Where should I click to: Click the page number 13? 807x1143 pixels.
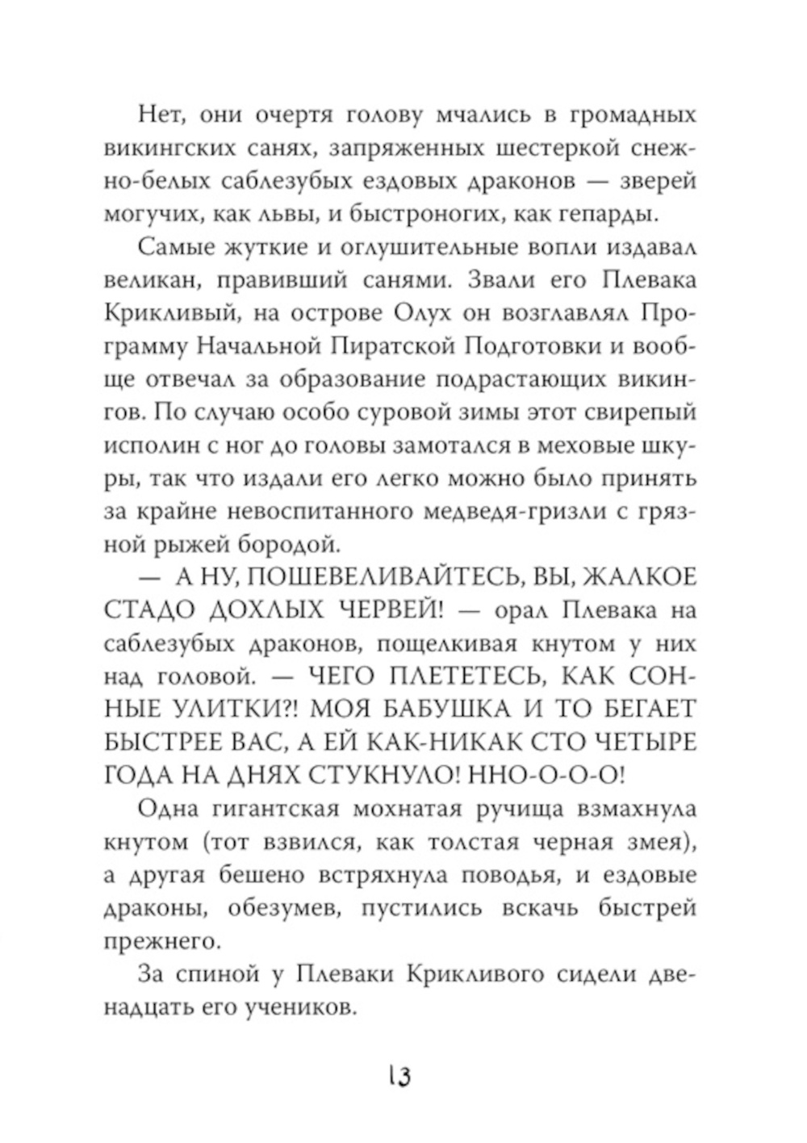pos(400,1075)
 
